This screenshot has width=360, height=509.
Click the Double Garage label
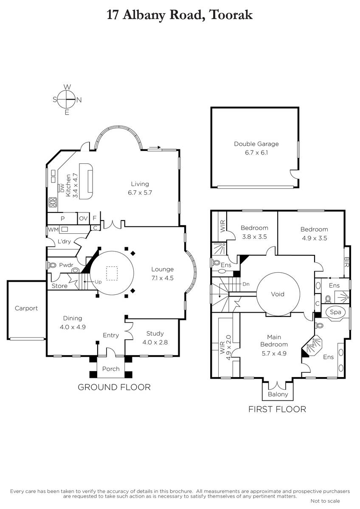tap(256, 144)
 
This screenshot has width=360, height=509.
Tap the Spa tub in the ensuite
tap(335, 312)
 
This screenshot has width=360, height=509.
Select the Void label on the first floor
tap(278, 294)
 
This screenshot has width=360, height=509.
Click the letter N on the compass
tap(79, 100)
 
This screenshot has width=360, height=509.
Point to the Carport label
tap(26, 308)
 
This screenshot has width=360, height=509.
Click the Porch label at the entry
tap(111, 369)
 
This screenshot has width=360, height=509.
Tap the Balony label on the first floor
tap(278, 394)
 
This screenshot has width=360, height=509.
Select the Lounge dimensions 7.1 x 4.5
tap(162, 278)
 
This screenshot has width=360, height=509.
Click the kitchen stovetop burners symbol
tap(53, 202)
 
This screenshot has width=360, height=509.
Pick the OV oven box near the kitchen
tap(83, 218)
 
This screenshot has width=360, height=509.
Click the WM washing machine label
tap(53, 229)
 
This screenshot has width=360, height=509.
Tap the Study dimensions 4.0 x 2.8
tap(155, 342)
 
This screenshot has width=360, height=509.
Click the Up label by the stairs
tap(98, 282)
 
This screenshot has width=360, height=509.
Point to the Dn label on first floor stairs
tap(246, 284)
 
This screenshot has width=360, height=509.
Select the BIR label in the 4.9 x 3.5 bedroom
tap(346, 262)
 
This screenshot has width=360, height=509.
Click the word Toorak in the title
tap(231, 15)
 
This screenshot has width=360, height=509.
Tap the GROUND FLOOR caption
tap(114, 387)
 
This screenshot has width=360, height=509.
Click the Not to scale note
tap(325, 501)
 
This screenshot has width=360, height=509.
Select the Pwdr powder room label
tap(66, 265)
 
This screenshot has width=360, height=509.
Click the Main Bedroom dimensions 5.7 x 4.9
tap(274, 353)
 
